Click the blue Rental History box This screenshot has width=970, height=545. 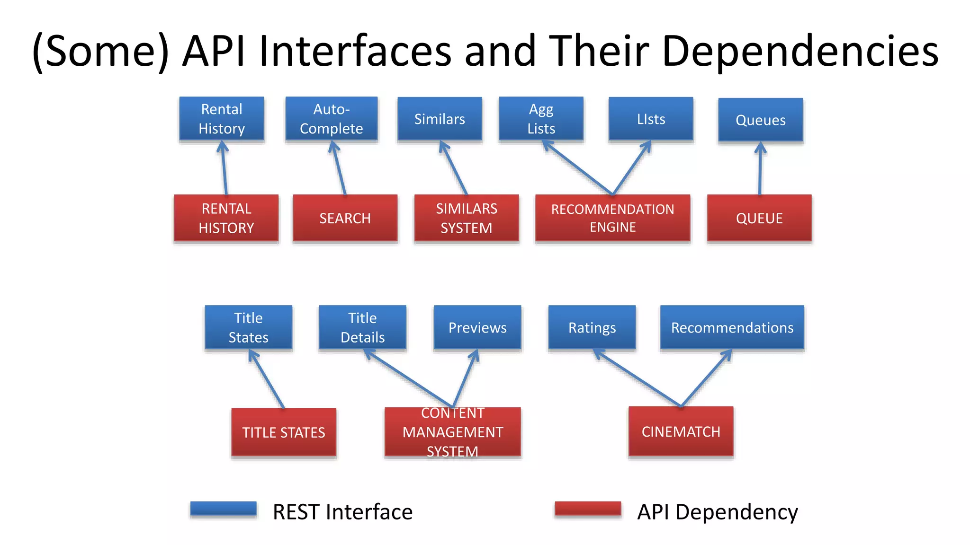pyautogui.click(x=222, y=119)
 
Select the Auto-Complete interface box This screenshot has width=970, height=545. pyautogui.click(x=332, y=119)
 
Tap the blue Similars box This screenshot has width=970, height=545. pyautogui.click(x=440, y=119)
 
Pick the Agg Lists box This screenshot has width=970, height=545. pyautogui.click(x=541, y=119)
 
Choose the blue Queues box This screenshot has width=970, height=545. pyautogui.click(x=760, y=120)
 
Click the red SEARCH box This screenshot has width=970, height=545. pyautogui.click(x=345, y=218)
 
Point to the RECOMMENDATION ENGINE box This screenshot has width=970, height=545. pyautogui.click(x=612, y=218)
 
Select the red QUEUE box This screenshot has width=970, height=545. pyautogui.click(x=759, y=218)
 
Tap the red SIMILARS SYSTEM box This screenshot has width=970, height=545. pyautogui.click(x=466, y=218)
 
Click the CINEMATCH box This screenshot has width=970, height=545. pyautogui.click(x=681, y=431)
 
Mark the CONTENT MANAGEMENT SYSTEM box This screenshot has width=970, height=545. pyautogui.click(x=452, y=432)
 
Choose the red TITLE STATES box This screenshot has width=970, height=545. pyautogui.click(x=284, y=432)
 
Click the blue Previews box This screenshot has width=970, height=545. pyautogui.click(x=477, y=327)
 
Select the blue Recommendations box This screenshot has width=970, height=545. pyautogui.click(x=732, y=327)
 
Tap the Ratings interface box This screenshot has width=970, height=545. pyautogui.click(x=592, y=327)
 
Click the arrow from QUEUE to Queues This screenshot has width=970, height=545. pyautogui.click(x=760, y=169)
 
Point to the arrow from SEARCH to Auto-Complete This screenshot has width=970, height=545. pyautogui.click(x=339, y=169)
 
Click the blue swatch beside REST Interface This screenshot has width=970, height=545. pyautogui.click(x=223, y=509)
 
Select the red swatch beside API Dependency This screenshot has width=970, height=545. pyautogui.click(x=588, y=509)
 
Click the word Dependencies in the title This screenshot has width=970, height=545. pyautogui.click(x=800, y=51)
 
